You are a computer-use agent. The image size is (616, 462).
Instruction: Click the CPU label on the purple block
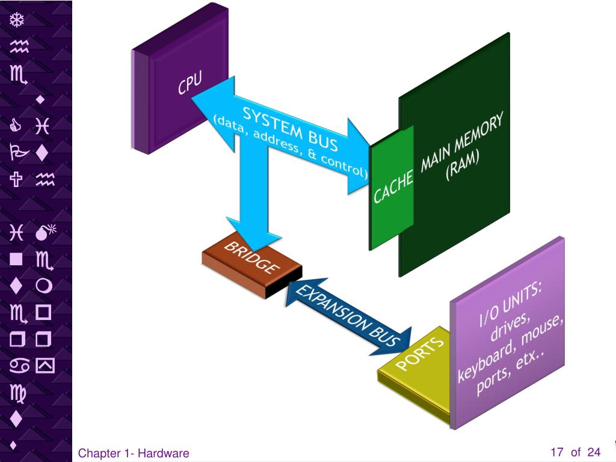click(x=189, y=83)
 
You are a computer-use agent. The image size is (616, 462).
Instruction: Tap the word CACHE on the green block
click(x=393, y=186)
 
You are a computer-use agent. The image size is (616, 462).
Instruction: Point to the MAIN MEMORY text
click(x=461, y=142)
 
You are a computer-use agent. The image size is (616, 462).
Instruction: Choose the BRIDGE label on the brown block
click(x=252, y=258)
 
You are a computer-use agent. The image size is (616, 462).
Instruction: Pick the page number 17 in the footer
click(x=556, y=452)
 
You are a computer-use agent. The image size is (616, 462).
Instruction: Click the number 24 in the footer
click(x=594, y=452)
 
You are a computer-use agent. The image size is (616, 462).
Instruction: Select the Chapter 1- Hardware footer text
click(x=134, y=454)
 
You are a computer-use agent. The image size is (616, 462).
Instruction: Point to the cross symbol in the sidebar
click(x=17, y=179)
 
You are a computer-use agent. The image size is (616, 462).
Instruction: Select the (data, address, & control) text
click(x=290, y=147)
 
